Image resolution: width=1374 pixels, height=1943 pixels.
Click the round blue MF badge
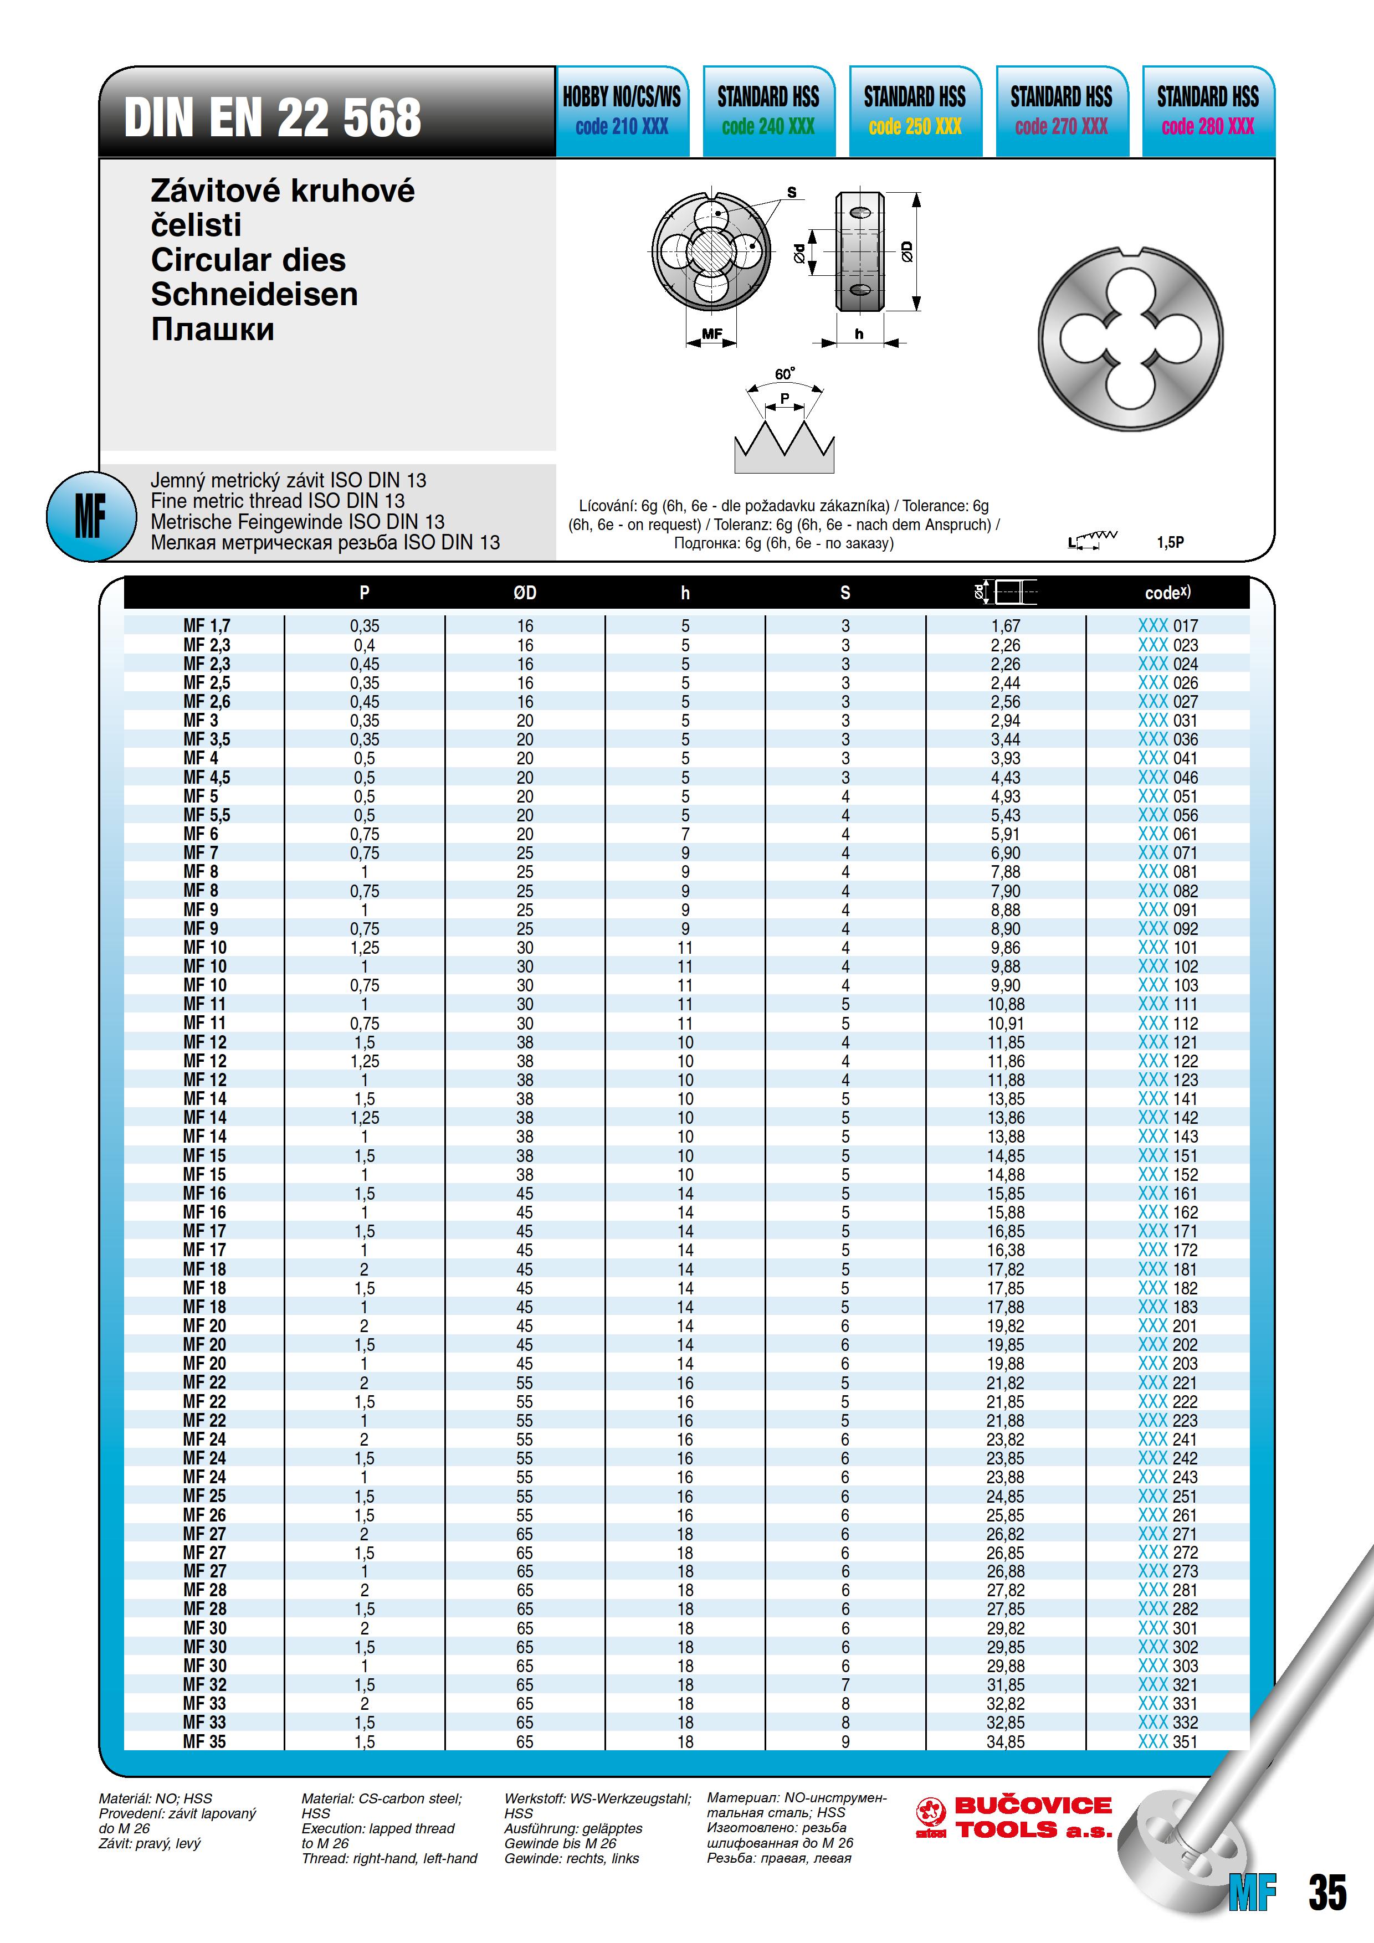[x=90, y=515]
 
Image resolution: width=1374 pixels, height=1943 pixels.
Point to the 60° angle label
[x=785, y=374]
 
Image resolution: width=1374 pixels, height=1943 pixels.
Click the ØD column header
[x=525, y=593]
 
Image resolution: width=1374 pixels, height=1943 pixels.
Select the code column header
[x=1167, y=593]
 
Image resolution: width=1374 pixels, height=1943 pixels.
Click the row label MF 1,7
[x=207, y=626]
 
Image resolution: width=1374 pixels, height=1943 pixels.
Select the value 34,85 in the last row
[x=1005, y=1741]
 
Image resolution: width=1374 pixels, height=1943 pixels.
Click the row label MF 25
[x=205, y=1496]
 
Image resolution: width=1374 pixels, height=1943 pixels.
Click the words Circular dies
[x=248, y=260]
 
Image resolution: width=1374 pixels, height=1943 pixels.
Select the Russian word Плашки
[x=213, y=329]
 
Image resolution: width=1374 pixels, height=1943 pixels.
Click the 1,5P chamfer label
[x=1170, y=542]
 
